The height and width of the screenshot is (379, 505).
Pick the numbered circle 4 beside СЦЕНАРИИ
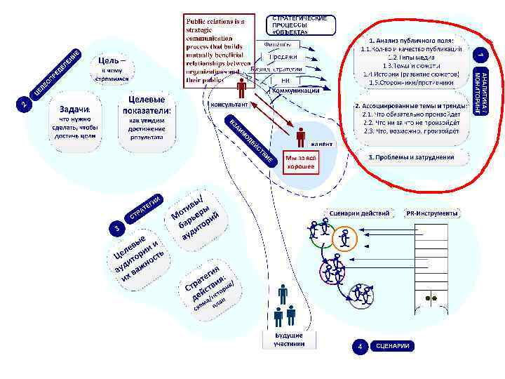click(x=359, y=346)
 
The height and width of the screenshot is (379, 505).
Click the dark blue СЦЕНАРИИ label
click(x=391, y=346)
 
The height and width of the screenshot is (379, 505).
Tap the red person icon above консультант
click(x=241, y=88)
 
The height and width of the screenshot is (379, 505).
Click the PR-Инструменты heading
click(x=432, y=213)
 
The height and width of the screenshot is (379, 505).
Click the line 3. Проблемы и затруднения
click(x=410, y=157)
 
